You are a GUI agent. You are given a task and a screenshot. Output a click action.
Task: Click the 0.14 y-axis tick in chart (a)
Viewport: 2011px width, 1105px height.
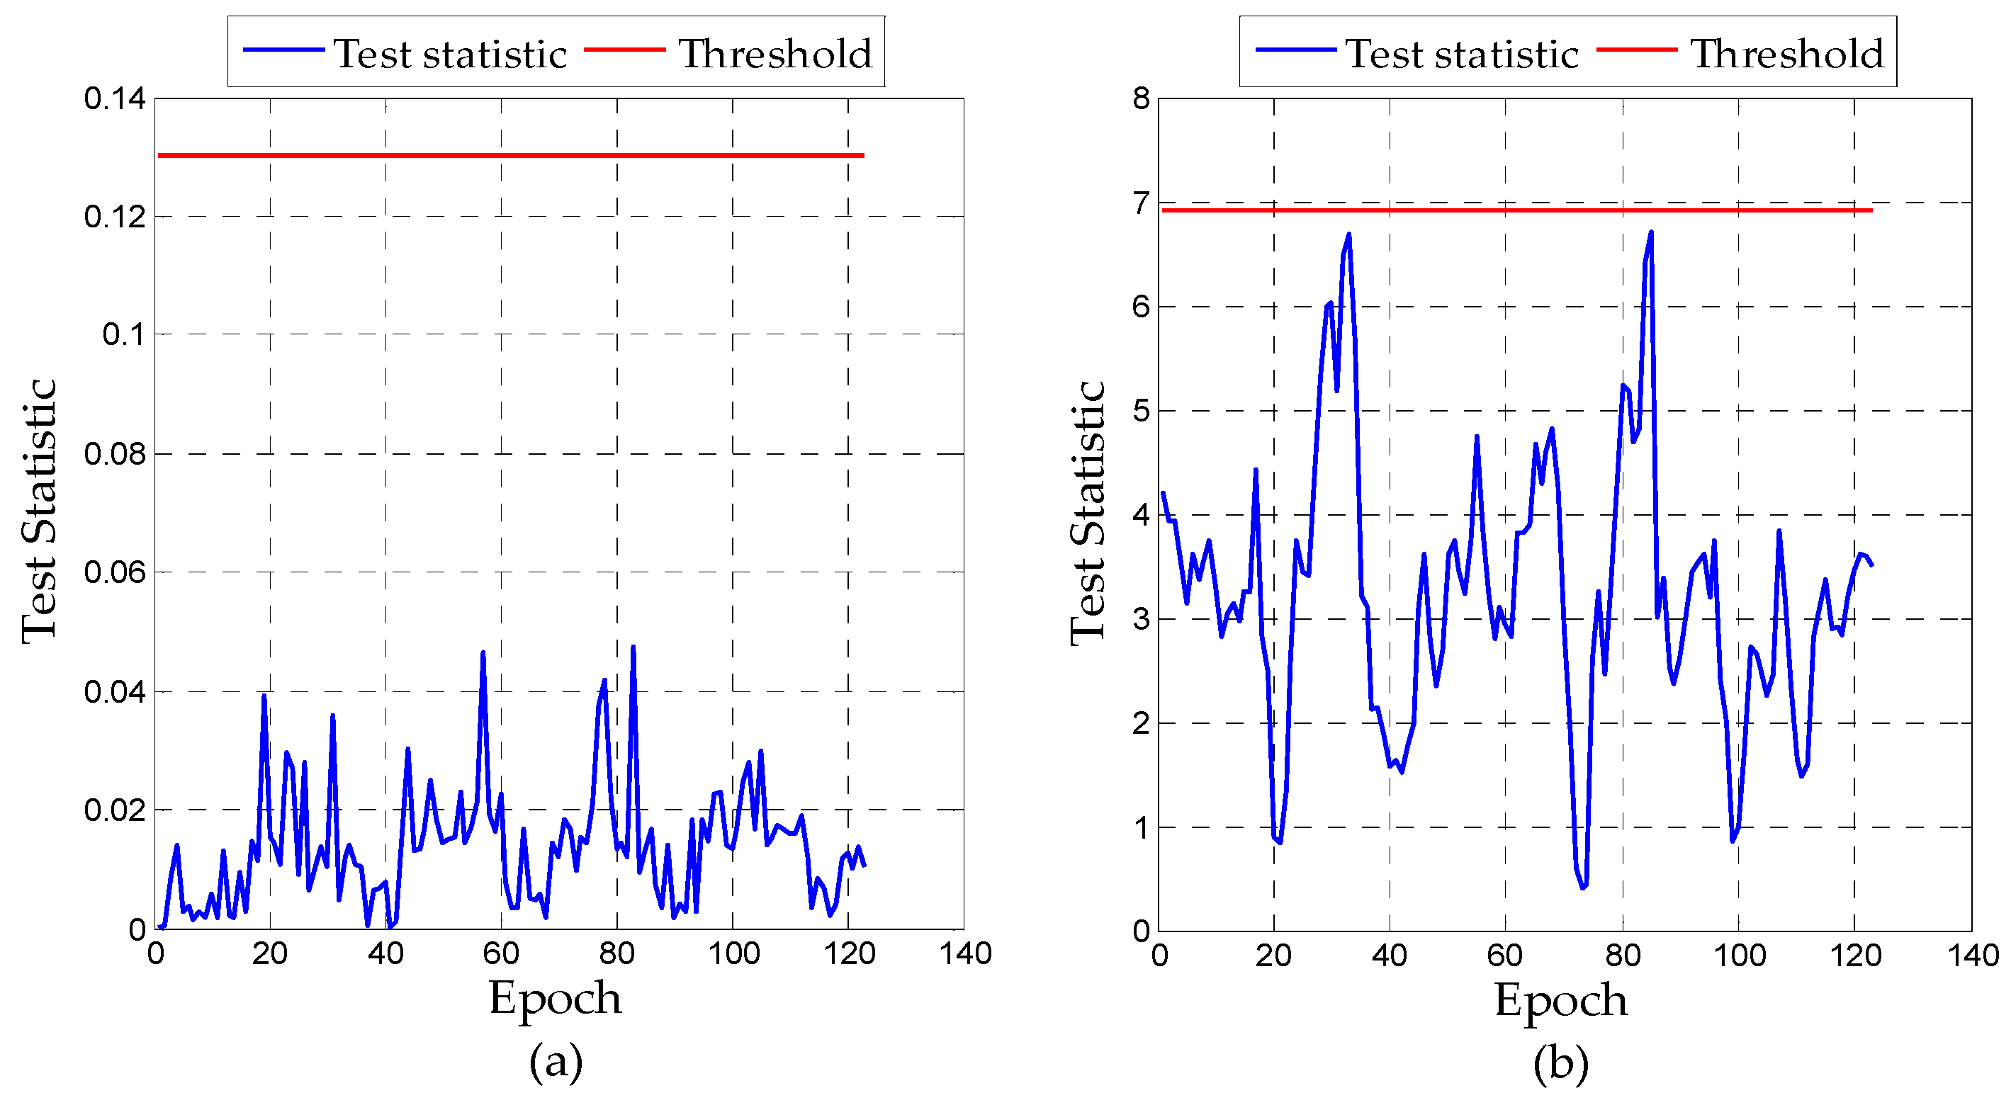[x=114, y=99]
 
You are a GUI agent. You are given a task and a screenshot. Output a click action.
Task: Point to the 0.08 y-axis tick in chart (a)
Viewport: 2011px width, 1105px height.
[x=114, y=453]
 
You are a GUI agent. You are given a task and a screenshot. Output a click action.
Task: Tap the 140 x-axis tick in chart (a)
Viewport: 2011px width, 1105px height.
[x=965, y=953]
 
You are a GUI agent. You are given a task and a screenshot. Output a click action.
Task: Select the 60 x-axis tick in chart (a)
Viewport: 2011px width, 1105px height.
[x=501, y=953]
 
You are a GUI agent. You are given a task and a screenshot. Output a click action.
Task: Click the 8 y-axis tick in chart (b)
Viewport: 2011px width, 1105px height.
[x=1142, y=99]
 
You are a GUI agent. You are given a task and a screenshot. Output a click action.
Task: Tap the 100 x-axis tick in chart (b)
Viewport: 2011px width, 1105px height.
[x=1740, y=955]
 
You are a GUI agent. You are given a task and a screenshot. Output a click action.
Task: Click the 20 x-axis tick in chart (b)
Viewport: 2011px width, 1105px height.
[x=1273, y=955]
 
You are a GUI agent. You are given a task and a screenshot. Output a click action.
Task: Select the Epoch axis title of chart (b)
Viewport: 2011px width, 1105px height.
[x=1560, y=999]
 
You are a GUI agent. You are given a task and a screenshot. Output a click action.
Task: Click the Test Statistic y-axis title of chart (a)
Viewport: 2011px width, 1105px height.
[x=39, y=511]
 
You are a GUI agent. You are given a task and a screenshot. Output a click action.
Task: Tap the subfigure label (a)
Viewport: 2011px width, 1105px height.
[x=555, y=1062]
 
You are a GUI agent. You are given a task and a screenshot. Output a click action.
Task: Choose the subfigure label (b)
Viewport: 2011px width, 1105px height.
[x=1560, y=1064]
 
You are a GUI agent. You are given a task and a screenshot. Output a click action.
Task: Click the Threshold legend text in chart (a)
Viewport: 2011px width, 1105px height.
[x=775, y=54]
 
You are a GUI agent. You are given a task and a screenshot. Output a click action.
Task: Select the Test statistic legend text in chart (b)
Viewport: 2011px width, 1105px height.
[x=1462, y=54]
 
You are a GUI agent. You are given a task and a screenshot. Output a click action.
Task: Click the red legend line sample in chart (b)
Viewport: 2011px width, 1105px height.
[x=1636, y=50]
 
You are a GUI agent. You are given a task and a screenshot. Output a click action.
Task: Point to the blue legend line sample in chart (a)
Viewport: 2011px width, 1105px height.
[x=283, y=50]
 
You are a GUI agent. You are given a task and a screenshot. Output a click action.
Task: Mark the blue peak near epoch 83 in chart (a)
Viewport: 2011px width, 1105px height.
[x=633, y=647]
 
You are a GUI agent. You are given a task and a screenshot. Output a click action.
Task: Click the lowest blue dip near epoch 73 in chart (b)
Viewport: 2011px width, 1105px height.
[x=1582, y=888]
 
